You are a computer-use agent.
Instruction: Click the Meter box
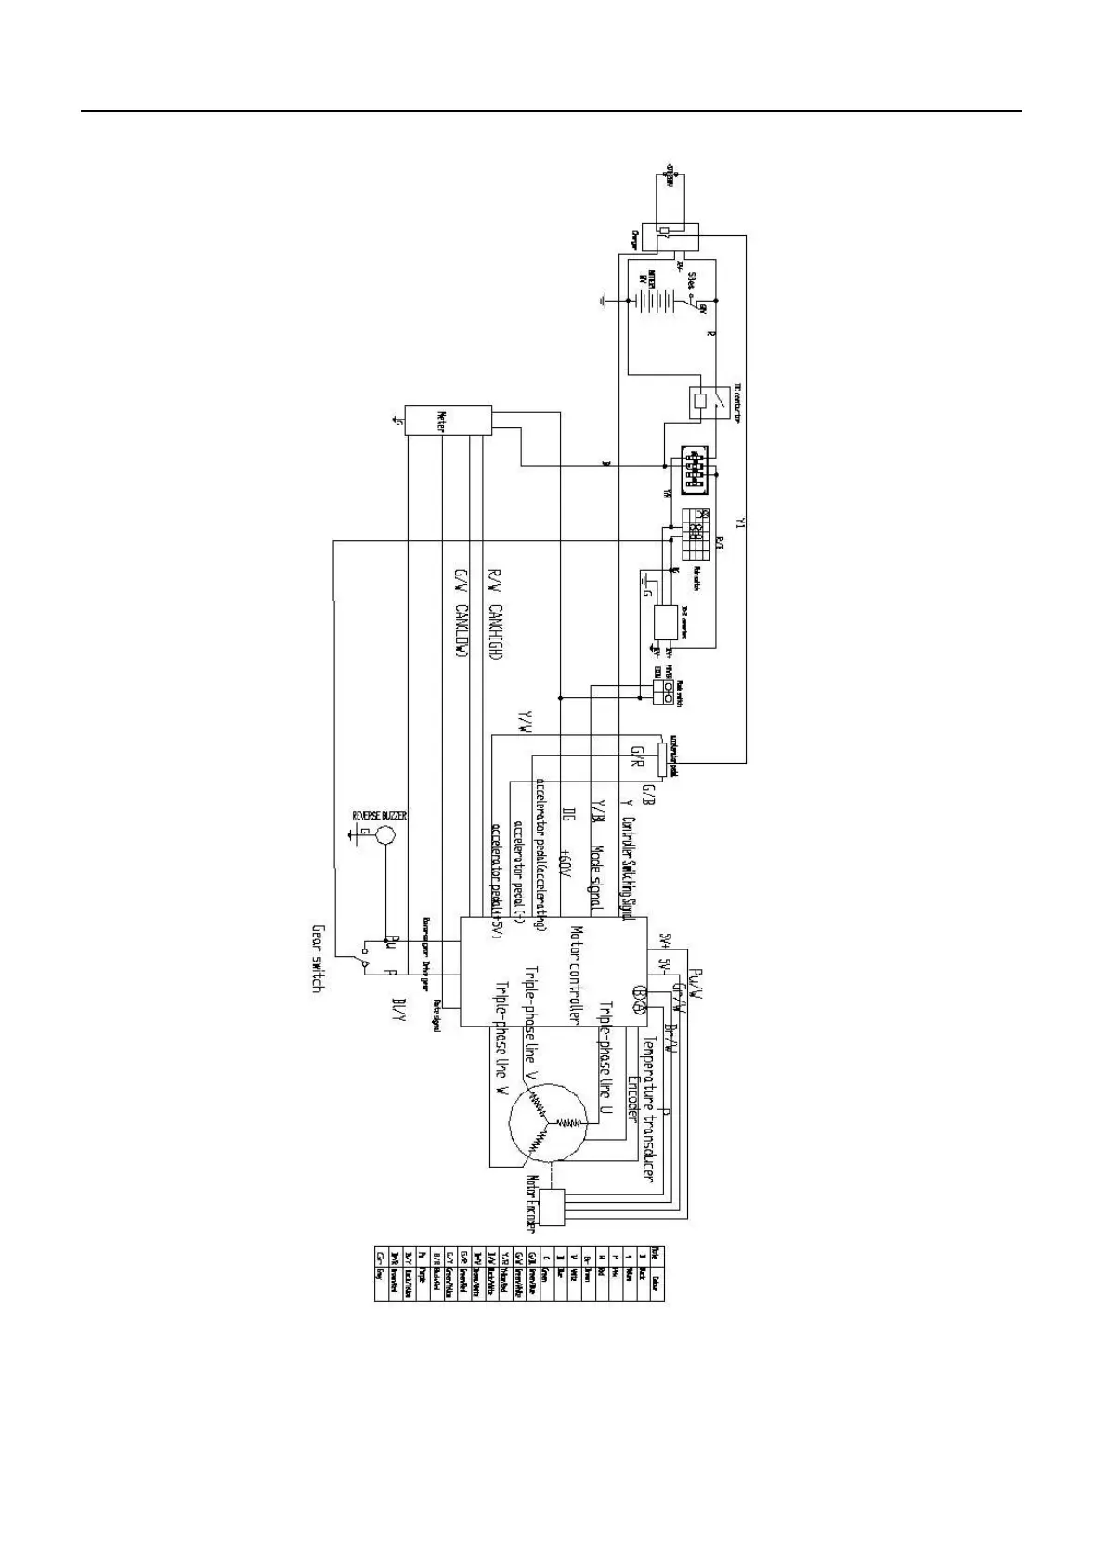click(448, 422)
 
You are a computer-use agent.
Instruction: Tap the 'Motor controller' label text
click(576, 975)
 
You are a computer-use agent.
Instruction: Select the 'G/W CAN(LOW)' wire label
click(459, 616)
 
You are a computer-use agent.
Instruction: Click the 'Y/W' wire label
click(526, 723)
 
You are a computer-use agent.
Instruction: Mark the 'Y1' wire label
click(740, 524)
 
